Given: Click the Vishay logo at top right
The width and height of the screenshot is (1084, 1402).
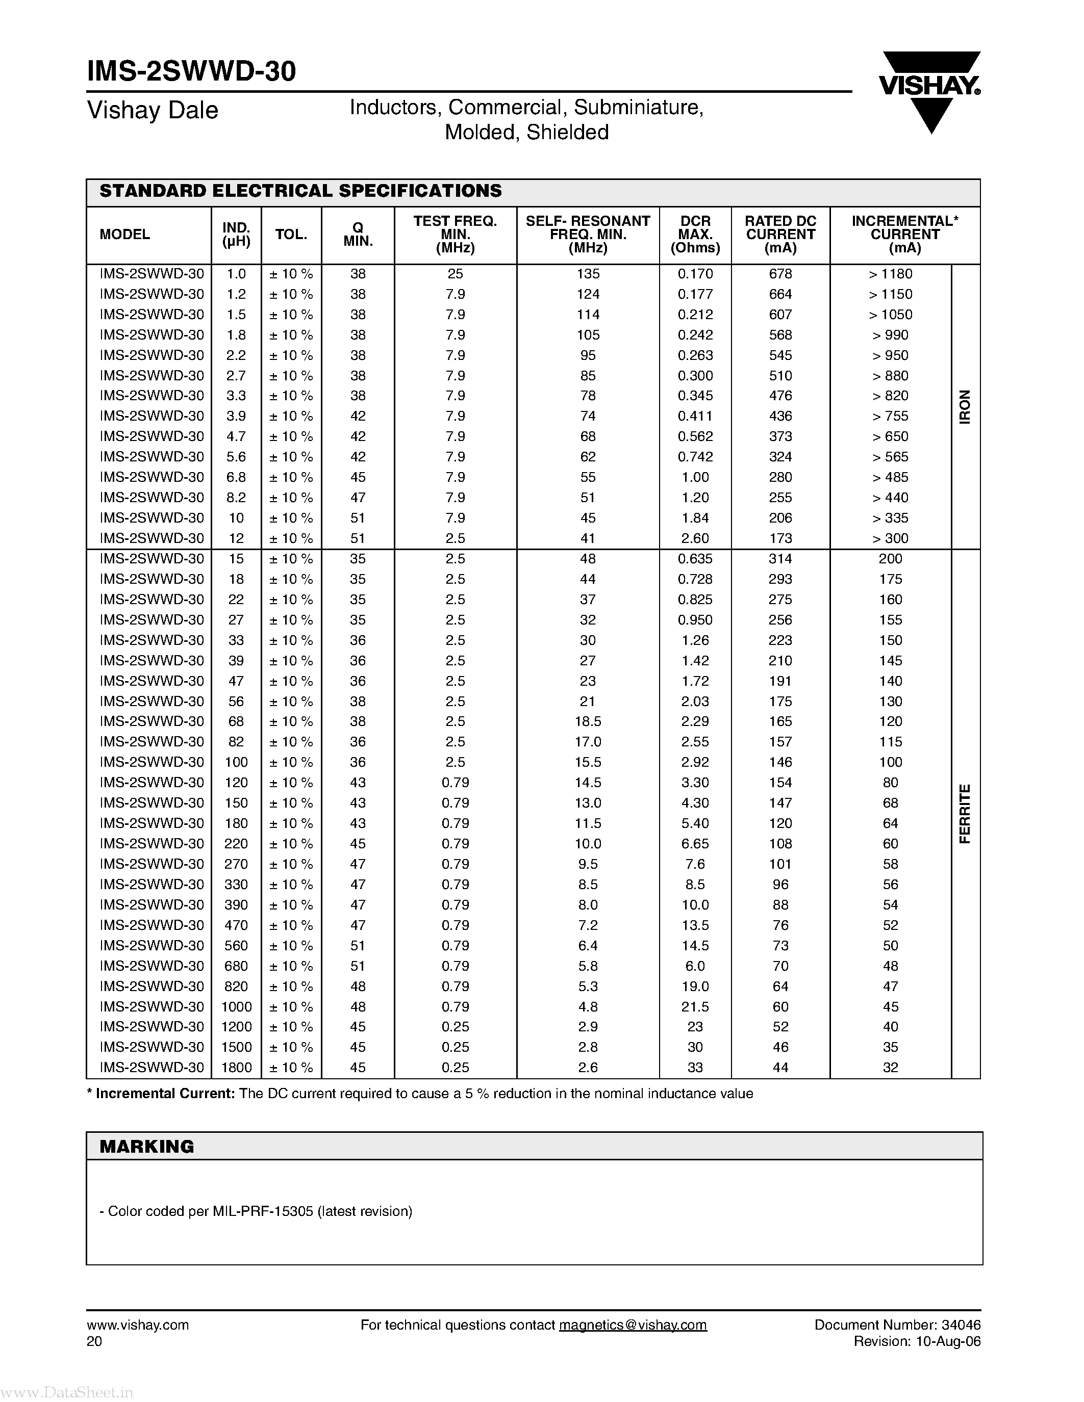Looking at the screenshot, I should [930, 90].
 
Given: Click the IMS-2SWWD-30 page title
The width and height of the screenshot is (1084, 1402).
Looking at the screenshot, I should [191, 72].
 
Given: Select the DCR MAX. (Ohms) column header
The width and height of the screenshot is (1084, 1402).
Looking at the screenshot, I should [695, 235].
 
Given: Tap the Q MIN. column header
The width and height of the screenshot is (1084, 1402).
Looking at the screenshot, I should [358, 235].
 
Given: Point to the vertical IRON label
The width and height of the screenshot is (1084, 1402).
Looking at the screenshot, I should [965, 406].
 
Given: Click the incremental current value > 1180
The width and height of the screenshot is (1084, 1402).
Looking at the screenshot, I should [890, 274].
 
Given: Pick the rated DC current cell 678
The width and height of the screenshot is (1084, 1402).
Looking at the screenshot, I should [780, 274].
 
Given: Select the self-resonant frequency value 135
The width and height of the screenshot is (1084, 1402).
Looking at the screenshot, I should [588, 274].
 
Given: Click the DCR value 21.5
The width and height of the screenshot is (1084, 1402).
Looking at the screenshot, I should [695, 1006].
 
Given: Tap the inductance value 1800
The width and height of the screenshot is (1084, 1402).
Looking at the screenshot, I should [236, 1068].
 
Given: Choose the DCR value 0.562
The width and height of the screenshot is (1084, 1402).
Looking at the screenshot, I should [695, 436].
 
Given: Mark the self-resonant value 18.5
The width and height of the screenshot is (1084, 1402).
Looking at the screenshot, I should [588, 721].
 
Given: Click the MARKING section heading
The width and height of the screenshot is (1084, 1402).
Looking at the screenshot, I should [147, 1147].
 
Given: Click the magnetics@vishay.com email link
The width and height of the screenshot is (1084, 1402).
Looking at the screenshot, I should [633, 1325].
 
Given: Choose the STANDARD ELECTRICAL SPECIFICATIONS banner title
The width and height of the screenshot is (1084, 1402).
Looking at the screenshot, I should [300, 191].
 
